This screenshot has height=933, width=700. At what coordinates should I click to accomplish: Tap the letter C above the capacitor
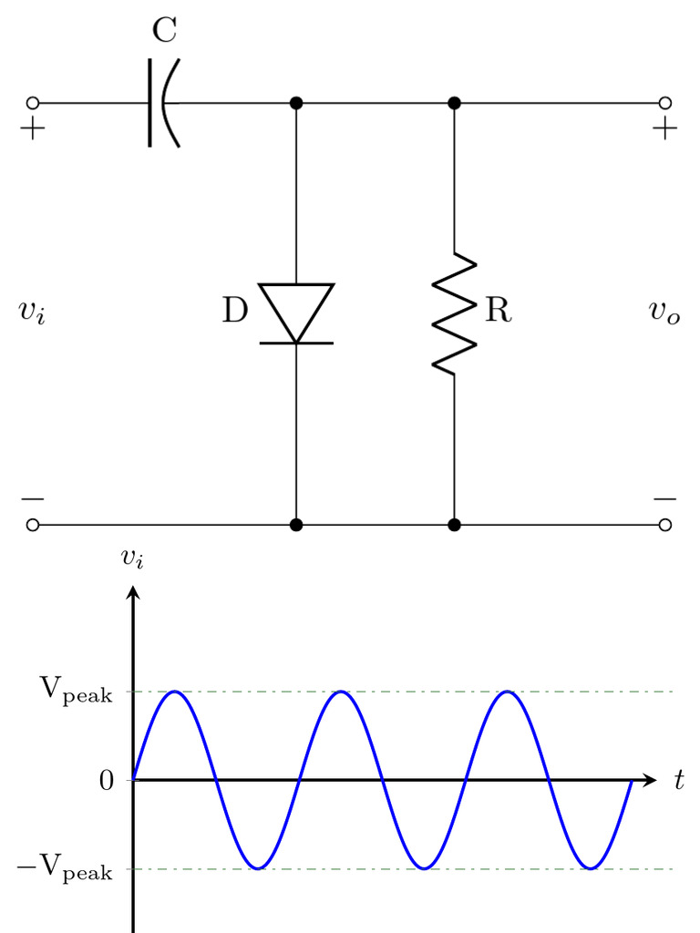(164, 30)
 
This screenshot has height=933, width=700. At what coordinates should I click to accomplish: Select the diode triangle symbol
(296, 313)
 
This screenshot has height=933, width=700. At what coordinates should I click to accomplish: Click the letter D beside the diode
(235, 310)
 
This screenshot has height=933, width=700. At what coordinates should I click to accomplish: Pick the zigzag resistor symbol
(454, 313)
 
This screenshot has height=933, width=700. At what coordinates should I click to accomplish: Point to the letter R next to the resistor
(499, 310)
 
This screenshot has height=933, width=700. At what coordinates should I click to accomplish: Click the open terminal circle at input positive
(33, 104)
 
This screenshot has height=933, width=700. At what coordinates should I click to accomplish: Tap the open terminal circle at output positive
(665, 104)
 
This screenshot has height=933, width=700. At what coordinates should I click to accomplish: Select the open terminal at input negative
(33, 525)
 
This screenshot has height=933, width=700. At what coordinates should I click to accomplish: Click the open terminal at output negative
(665, 525)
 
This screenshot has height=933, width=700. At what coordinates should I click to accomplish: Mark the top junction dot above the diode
(296, 104)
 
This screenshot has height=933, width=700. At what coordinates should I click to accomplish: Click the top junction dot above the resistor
(454, 104)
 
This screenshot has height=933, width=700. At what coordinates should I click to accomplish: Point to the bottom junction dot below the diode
(296, 525)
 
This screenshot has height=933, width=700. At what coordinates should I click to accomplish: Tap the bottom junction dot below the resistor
(454, 525)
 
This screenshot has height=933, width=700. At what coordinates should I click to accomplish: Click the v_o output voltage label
(664, 312)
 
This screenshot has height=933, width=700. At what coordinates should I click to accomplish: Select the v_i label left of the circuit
(32, 312)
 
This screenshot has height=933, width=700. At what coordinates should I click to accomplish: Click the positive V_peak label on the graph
(77, 691)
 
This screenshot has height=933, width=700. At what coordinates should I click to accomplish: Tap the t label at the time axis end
(679, 780)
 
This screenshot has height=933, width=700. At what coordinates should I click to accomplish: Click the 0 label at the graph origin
(107, 781)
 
